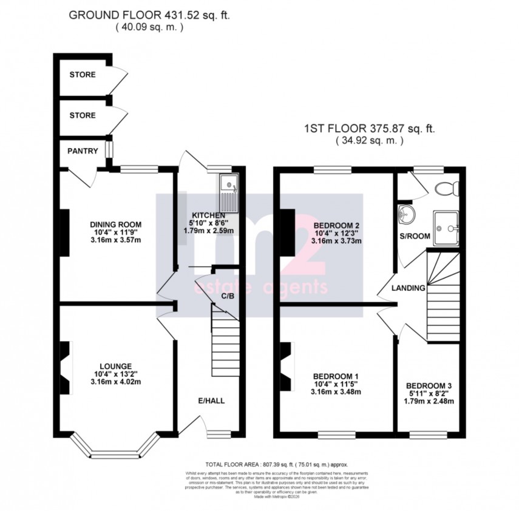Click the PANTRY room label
pos(83,151)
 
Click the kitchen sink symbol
pos(230,189)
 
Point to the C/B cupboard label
pos(228,296)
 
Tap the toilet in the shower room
pos(448,188)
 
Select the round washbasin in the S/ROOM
pos(405,214)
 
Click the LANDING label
pos(408,288)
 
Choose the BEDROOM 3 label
pos(429,385)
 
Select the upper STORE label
pos(83,75)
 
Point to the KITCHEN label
pos(209,215)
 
